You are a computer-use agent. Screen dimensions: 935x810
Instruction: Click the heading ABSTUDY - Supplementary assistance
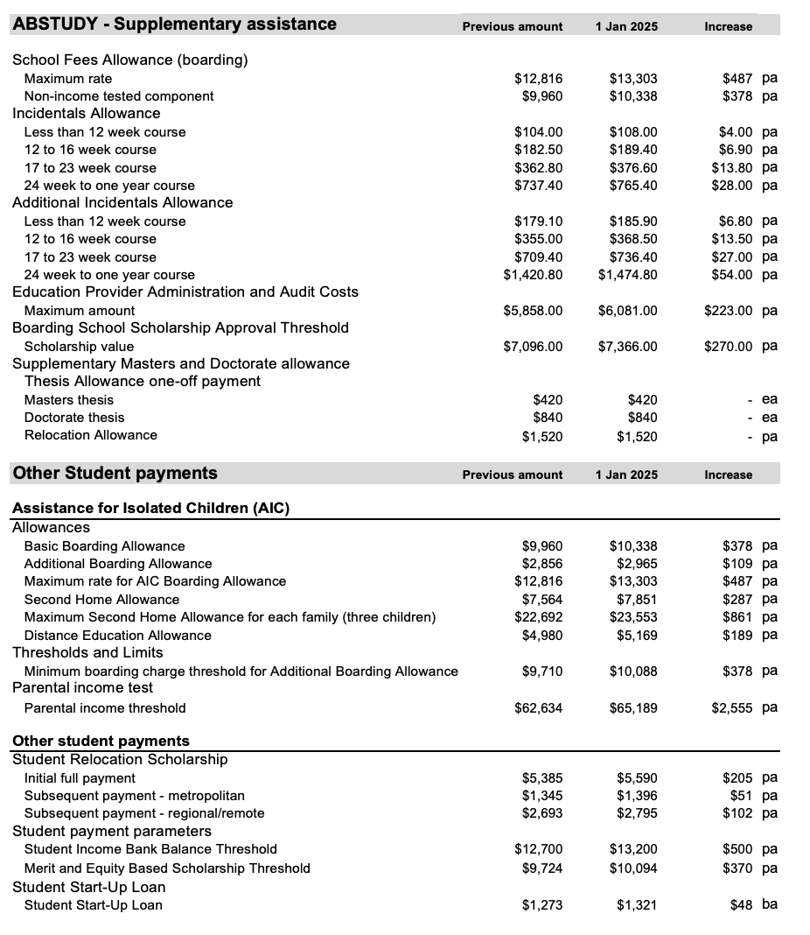pyautogui.click(x=174, y=25)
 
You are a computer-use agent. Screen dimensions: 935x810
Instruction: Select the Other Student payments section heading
pyautogui.click(x=115, y=473)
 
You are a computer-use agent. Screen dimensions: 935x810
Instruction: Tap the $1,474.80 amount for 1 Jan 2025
pyautogui.click(x=627, y=275)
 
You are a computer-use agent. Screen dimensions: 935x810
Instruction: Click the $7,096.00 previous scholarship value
pyautogui.click(x=533, y=347)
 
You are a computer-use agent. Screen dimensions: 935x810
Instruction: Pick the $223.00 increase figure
pyautogui.click(x=728, y=311)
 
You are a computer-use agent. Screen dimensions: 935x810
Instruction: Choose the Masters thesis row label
pyautogui.click(x=74, y=400)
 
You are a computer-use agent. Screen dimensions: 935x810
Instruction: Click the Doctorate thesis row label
pyautogui.click(x=74, y=418)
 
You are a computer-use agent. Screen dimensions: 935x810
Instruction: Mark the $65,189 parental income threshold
pyautogui.click(x=633, y=707)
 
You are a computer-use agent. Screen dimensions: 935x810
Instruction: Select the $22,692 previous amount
pyautogui.click(x=539, y=617)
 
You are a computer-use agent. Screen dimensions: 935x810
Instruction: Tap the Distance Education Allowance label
pyautogui.click(x=117, y=636)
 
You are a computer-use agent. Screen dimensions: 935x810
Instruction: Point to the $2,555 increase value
pyautogui.click(x=731, y=707)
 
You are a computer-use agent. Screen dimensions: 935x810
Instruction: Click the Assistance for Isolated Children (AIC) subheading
pyautogui.click(x=150, y=508)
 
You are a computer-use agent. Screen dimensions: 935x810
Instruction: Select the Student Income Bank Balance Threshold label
pyautogui.click(x=150, y=849)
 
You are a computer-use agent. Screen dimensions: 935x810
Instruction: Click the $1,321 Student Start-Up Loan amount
pyautogui.click(x=638, y=905)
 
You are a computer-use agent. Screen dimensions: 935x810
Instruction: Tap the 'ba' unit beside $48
pyautogui.click(x=770, y=904)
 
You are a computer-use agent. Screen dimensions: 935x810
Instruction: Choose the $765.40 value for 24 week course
pyautogui.click(x=633, y=186)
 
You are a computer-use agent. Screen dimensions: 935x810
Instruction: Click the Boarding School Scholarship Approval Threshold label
pyautogui.click(x=180, y=327)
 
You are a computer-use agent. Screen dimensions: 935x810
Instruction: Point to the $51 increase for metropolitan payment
pyautogui.click(x=741, y=796)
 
